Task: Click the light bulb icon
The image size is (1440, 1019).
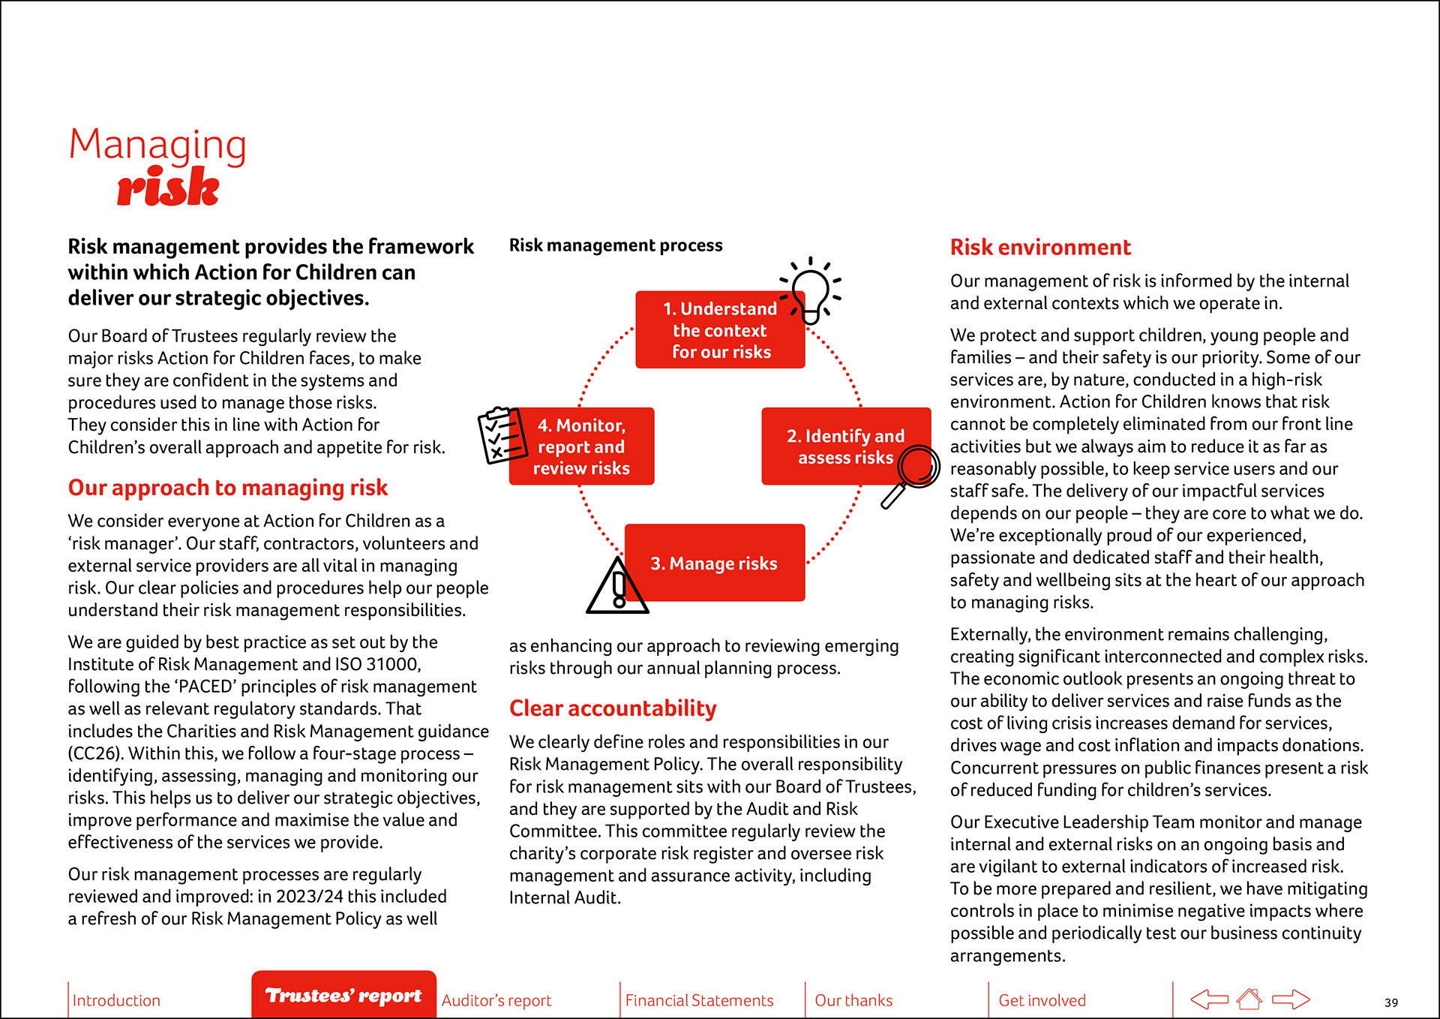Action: point(811,291)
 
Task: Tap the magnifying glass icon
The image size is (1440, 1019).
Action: point(911,474)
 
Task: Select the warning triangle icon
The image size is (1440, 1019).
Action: point(617,588)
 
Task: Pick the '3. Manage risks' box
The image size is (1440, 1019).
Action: point(714,563)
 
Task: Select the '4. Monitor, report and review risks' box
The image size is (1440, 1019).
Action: point(581,446)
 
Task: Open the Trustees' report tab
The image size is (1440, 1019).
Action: point(343,995)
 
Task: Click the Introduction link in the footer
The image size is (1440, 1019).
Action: point(116,1000)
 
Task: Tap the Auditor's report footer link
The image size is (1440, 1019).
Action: point(496,1000)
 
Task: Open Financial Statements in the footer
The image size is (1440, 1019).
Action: point(699,1000)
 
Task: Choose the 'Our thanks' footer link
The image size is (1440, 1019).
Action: point(853,1000)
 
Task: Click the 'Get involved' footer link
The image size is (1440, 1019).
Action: point(1042,1000)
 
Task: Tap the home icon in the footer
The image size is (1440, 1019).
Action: point(1249,999)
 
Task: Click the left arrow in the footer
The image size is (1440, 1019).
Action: point(1209,999)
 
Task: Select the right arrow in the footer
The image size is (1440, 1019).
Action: point(1291,999)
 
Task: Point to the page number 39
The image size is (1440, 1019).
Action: point(1391,1002)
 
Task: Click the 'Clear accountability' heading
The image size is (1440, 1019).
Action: point(613,708)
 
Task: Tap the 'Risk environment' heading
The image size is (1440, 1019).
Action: point(1040,247)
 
